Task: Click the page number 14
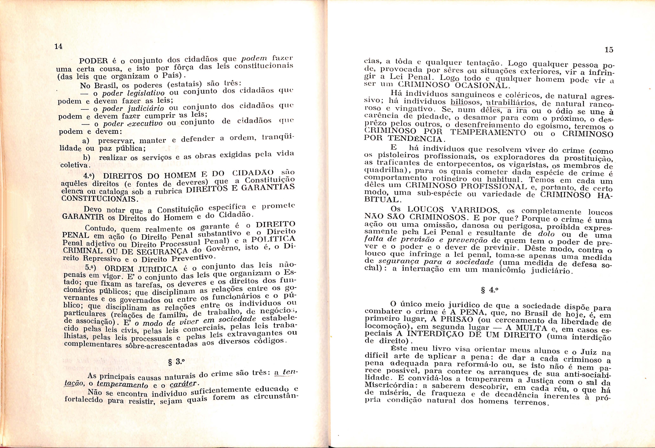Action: pos(58,46)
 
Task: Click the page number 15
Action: pos(609,50)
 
